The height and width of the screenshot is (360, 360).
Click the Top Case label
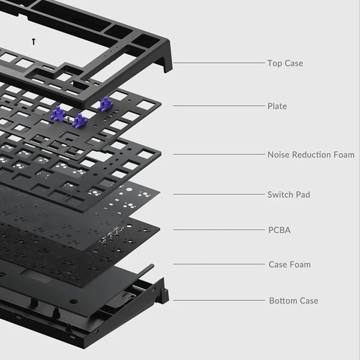285,63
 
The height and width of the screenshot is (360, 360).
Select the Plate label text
277,106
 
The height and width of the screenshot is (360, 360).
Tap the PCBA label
279,230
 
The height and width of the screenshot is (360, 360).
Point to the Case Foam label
290,265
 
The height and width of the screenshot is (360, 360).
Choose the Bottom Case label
293,301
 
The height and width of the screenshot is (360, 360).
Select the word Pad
303,194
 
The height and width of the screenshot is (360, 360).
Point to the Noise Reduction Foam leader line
219,154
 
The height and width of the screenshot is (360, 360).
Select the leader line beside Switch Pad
219,194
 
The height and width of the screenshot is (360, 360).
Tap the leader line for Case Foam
219,264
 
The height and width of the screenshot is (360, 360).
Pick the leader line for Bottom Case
219,300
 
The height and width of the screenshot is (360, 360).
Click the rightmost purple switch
107,105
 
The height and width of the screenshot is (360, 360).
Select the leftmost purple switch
59,113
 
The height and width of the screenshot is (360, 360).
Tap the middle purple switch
79,121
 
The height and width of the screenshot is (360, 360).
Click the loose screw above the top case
35,41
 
